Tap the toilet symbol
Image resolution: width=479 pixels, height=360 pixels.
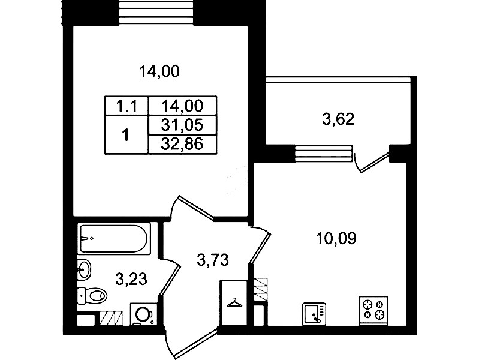(x=92, y=295)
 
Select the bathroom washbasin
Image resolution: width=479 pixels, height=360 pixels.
(x=84, y=269)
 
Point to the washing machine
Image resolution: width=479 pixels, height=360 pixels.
(x=144, y=314)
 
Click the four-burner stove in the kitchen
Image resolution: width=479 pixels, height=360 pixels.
(x=373, y=310)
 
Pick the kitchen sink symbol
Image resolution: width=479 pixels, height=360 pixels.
(x=314, y=314)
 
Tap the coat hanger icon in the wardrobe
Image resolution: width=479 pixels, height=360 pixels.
(x=234, y=303)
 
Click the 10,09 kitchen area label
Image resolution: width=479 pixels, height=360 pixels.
(x=336, y=238)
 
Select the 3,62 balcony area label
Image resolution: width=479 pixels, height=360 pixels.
(x=338, y=119)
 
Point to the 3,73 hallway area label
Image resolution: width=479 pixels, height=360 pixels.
(x=213, y=260)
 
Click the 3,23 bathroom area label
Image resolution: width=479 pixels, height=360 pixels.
(x=131, y=279)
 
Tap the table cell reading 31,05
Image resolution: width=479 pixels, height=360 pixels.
(x=182, y=125)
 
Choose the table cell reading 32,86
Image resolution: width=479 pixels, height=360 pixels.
(x=182, y=144)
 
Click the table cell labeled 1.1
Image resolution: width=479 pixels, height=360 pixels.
(x=126, y=106)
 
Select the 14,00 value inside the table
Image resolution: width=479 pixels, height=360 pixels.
(x=182, y=106)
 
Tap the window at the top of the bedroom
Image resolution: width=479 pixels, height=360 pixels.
(x=156, y=12)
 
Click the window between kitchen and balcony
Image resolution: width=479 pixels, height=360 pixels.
(x=324, y=153)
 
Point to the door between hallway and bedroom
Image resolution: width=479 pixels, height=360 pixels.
(x=191, y=208)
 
